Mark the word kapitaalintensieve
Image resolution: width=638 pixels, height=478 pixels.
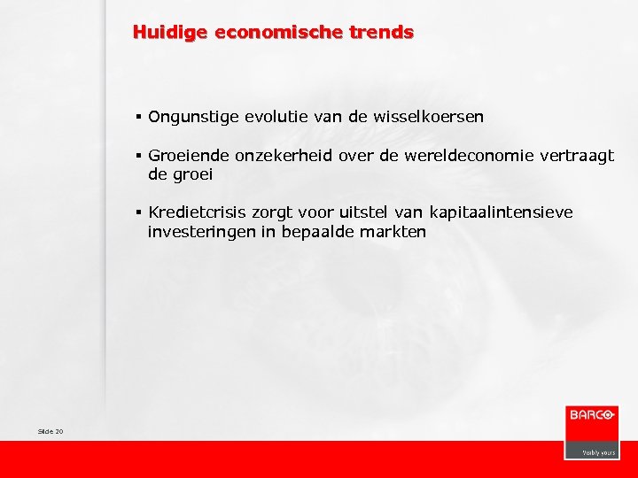pyautogui.click(x=499, y=212)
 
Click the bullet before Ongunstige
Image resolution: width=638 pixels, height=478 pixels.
pyautogui.click(x=140, y=117)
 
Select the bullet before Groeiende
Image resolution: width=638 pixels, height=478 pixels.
pyautogui.click(x=140, y=156)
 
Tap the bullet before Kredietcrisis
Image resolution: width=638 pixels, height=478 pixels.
pyautogui.click(x=140, y=212)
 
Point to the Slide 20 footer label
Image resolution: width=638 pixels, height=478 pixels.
pyautogui.click(x=51, y=431)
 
